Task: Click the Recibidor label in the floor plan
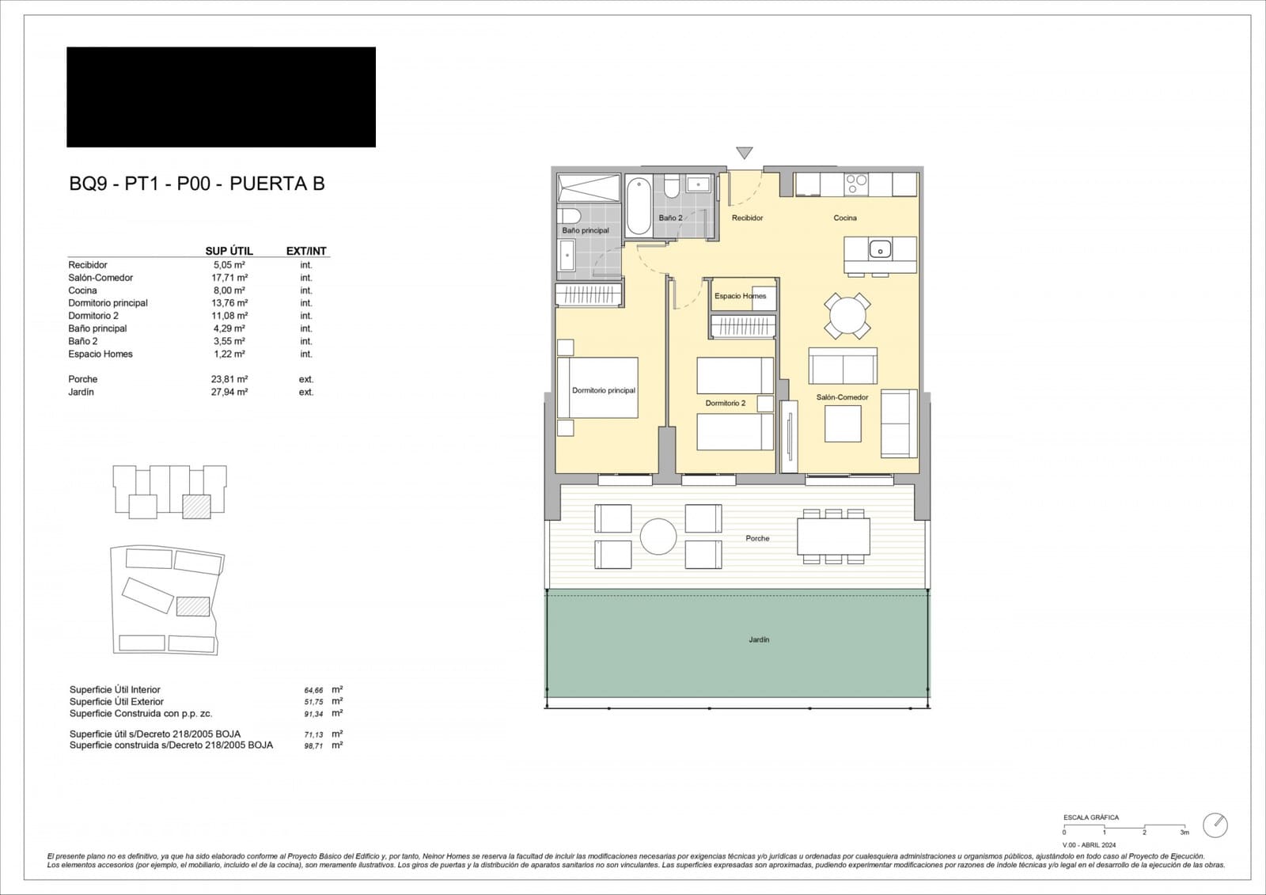(x=747, y=218)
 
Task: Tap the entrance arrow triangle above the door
(x=744, y=153)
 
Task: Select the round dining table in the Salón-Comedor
(x=847, y=317)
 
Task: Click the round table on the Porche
(x=658, y=537)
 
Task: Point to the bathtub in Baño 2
(x=639, y=206)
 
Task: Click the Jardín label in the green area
(x=759, y=639)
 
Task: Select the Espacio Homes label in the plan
(x=740, y=296)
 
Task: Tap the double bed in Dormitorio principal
(x=597, y=388)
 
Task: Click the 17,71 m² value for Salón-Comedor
(x=229, y=278)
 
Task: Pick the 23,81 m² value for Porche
(x=229, y=379)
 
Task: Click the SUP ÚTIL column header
(x=229, y=251)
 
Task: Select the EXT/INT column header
(x=306, y=251)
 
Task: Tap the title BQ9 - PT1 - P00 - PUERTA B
(x=197, y=184)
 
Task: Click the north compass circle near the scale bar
(x=1215, y=825)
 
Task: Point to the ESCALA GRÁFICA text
(x=1091, y=817)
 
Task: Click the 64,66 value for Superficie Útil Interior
(x=313, y=691)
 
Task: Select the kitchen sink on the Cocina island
(x=880, y=250)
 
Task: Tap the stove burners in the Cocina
(x=856, y=184)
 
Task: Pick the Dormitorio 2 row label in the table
(x=93, y=316)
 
